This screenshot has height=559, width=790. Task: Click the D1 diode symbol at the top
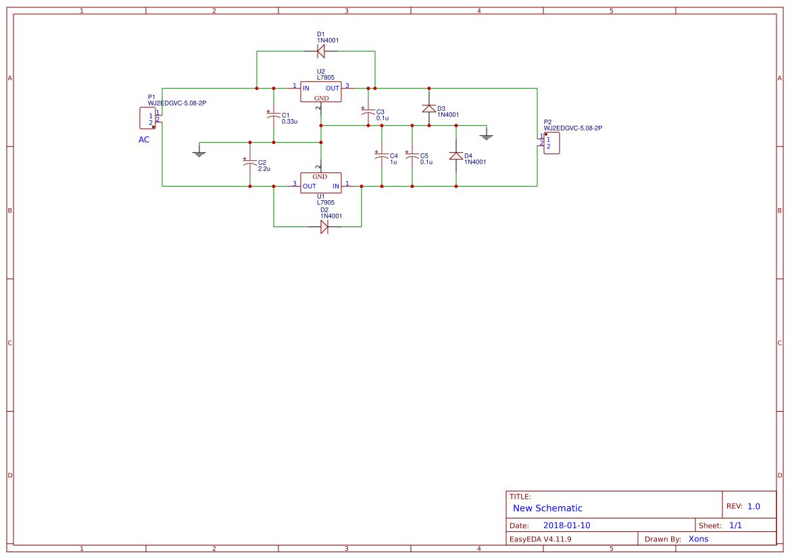321,51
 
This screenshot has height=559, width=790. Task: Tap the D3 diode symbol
428,108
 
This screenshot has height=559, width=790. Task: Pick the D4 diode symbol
455,155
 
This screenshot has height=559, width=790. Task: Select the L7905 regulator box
321,183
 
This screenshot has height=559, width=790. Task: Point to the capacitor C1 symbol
273,116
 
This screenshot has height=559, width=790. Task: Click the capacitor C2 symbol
249,163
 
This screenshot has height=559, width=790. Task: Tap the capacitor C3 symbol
368,112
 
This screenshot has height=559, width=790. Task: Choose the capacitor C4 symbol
381,155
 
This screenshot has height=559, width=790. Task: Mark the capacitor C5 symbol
412,155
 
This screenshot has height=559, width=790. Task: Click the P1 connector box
147,118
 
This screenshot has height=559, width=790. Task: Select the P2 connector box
551,143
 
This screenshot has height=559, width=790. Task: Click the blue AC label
144,140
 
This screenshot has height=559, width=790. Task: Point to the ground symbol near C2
199,153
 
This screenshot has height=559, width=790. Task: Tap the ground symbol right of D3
486,136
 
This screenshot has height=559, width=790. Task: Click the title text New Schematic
547,508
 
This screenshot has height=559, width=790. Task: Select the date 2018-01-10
566,525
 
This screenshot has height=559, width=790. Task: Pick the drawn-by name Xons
698,539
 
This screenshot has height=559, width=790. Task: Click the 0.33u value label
289,122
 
